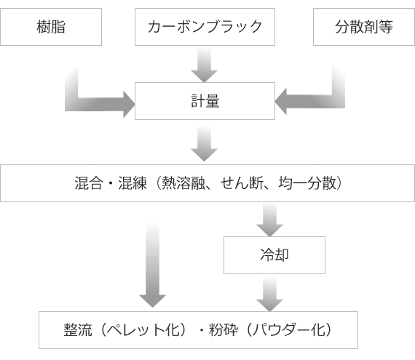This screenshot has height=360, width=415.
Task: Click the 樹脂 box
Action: pos(51,27)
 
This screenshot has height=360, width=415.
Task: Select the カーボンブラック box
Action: pos(205,27)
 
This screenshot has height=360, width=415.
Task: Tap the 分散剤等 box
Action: pos(364,27)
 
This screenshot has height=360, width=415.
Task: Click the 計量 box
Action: pos(205,101)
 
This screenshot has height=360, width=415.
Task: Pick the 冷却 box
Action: pos(274,255)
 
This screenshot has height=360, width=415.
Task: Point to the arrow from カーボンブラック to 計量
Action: pos(205,65)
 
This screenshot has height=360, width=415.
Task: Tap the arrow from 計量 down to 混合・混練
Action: pos(205,143)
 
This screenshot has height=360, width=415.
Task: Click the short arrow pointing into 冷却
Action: pos(269,220)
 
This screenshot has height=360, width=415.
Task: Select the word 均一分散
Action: pos(307,183)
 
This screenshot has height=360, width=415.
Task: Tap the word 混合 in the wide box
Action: pos(88,183)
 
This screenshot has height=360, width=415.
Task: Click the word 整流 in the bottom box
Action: pos(78,330)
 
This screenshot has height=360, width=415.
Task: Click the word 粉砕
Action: pos(224,330)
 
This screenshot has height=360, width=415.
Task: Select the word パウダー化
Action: pos(288,330)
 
